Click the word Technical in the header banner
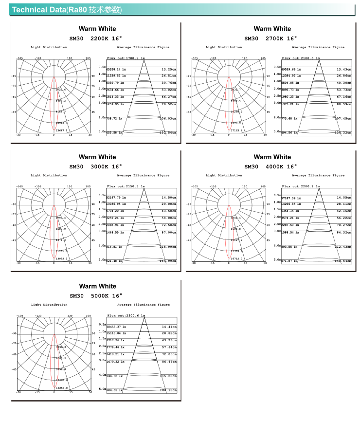click(x=29, y=10)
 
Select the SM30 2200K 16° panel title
click(x=96, y=38)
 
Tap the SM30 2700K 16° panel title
click(x=270, y=38)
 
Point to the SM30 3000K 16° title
click(x=95, y=166)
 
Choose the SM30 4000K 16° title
click(x=270, y=166)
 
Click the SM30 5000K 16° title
click(x=96, y=295)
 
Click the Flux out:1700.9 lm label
click(x=126, y=58)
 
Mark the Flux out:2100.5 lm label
click(x=301, y=58)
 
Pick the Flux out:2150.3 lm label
click(x=126, y=186)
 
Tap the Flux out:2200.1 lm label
click(x=301, y=186)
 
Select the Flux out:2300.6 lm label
click(x=126, y=315)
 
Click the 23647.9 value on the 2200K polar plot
click(x=62, y=130)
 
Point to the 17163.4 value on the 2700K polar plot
click(x=236, y=130)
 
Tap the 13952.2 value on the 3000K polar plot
click(x=62, y=258)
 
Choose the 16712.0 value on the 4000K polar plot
click(x=236, y=258)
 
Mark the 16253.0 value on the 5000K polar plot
click(x=62, y=387)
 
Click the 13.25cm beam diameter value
click(x=169, y=69)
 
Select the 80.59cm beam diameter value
click(x=344, y=104)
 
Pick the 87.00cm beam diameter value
click(x=169, y=233)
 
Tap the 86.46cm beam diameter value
click(x=169, y=362)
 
